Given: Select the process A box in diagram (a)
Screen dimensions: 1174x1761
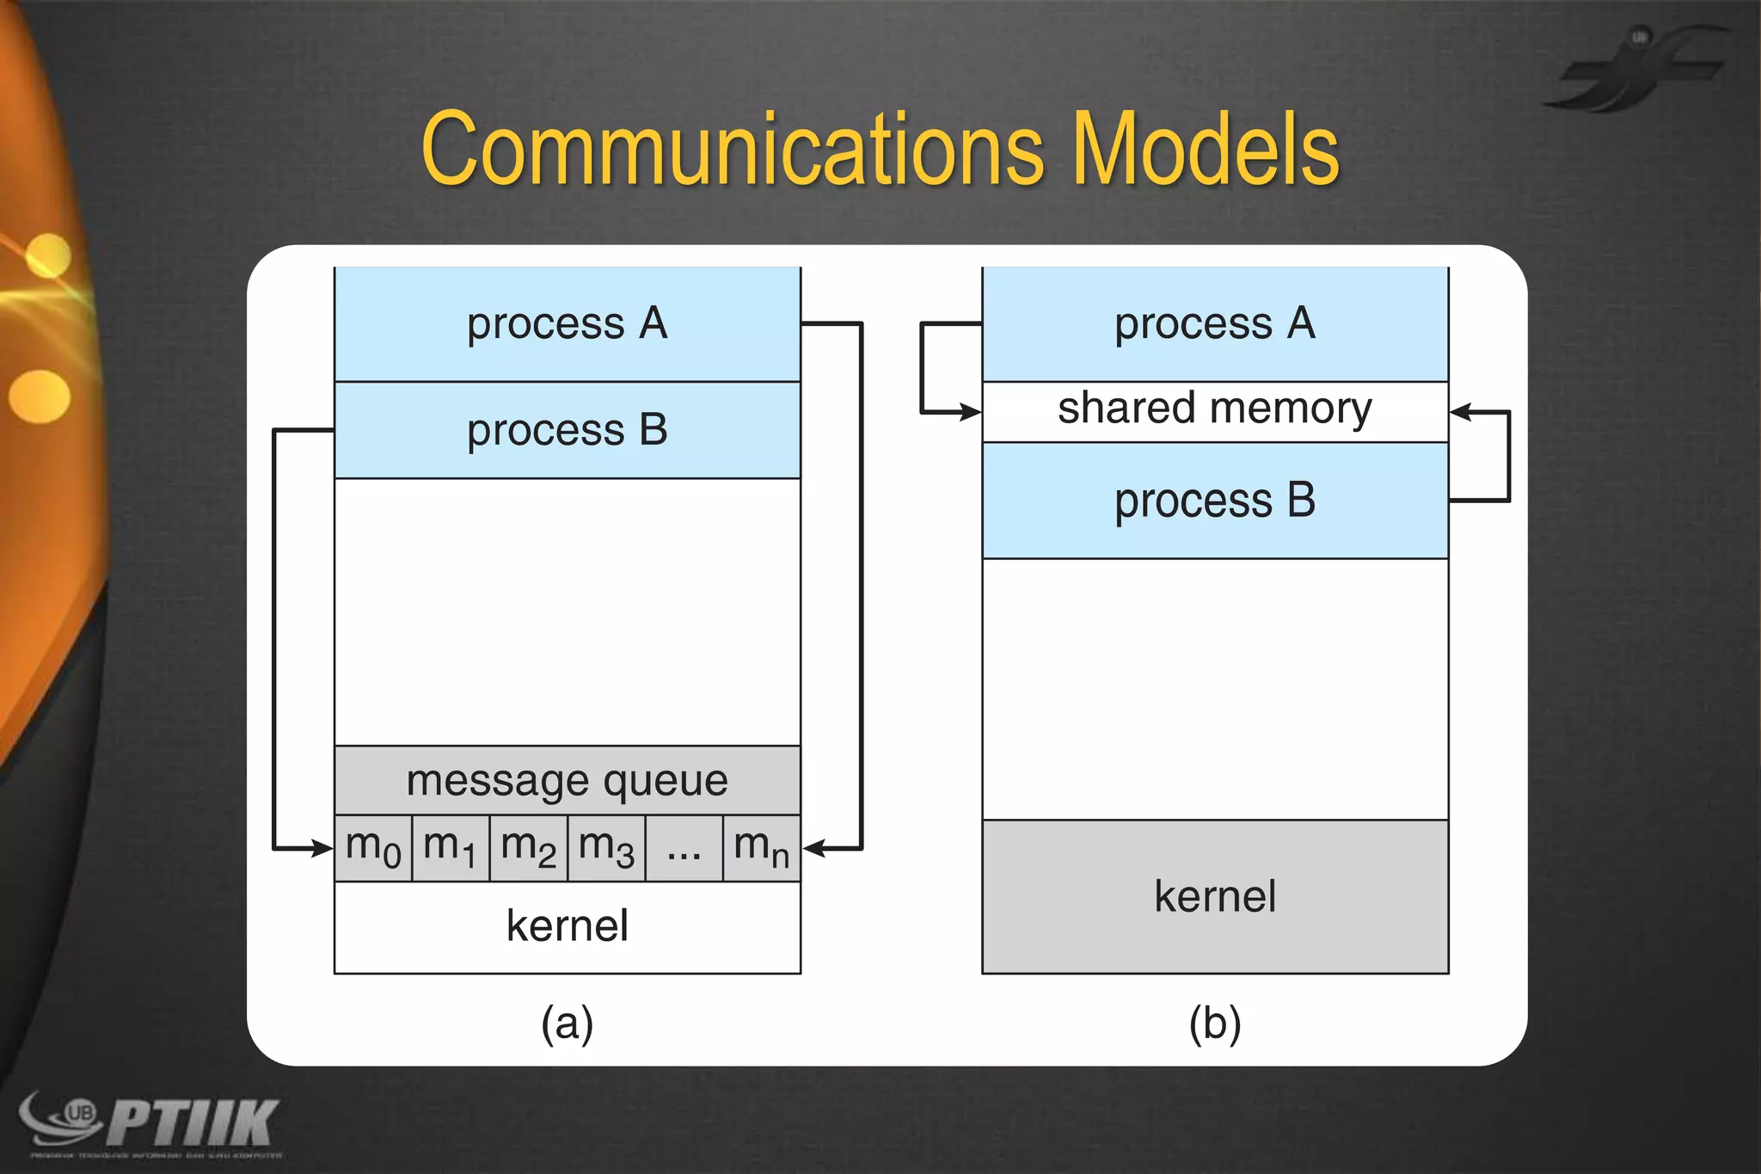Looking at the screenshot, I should pos(568,324).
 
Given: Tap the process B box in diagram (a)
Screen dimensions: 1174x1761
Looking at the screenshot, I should pos(568,430).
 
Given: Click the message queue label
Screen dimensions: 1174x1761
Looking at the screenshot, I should pos(568,781).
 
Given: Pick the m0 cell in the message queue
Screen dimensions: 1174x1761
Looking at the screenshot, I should pos(373,848).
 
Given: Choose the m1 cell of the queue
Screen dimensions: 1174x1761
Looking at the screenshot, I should pos(451,848).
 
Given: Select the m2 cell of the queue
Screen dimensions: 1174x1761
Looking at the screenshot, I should pos(528,848).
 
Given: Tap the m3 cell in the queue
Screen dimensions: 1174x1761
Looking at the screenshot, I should pos(606,848).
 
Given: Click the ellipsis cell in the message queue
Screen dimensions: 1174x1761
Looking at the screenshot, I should pos(684,848).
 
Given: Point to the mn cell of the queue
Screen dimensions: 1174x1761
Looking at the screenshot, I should pos(761,848).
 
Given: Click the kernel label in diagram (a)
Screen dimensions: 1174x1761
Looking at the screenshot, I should pos(568,926).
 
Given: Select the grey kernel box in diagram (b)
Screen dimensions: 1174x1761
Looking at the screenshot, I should pos(1215,896).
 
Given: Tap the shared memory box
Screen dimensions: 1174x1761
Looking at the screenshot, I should pos(1215,410).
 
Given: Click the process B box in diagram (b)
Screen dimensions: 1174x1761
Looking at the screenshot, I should pos(1215,501).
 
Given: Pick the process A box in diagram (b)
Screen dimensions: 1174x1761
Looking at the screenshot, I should pos(1215,324).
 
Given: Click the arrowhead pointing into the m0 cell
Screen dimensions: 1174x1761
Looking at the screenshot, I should pos(323,849).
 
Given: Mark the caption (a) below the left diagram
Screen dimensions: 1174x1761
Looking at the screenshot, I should pos(568,1023).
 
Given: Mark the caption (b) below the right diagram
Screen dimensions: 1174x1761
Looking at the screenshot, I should pos(1215,1023).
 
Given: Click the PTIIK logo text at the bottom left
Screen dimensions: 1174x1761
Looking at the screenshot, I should pos(193,1122).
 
